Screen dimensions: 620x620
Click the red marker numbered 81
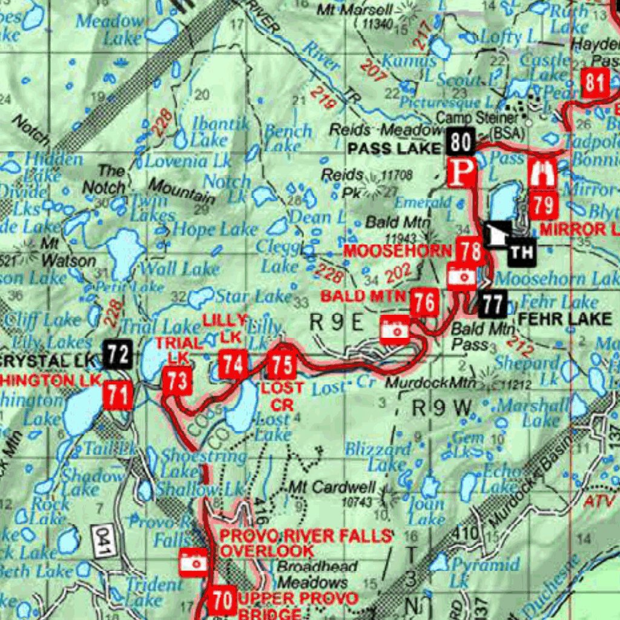click(595, 83)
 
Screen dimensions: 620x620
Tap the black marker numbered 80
click(461, 142)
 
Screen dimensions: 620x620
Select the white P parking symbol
click(461, 172)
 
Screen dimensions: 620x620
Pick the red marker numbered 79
click(543, 205)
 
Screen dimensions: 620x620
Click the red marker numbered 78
click(470, 250)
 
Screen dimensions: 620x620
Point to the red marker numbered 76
click(425, 302)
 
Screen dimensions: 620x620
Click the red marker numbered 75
click(282, 366)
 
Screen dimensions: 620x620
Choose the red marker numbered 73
click(178, 381)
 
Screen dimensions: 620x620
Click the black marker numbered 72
click(117, 354)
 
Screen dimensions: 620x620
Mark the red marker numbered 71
click(118, 397)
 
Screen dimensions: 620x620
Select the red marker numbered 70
click(222, 601)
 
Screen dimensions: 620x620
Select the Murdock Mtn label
click(430, 383)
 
